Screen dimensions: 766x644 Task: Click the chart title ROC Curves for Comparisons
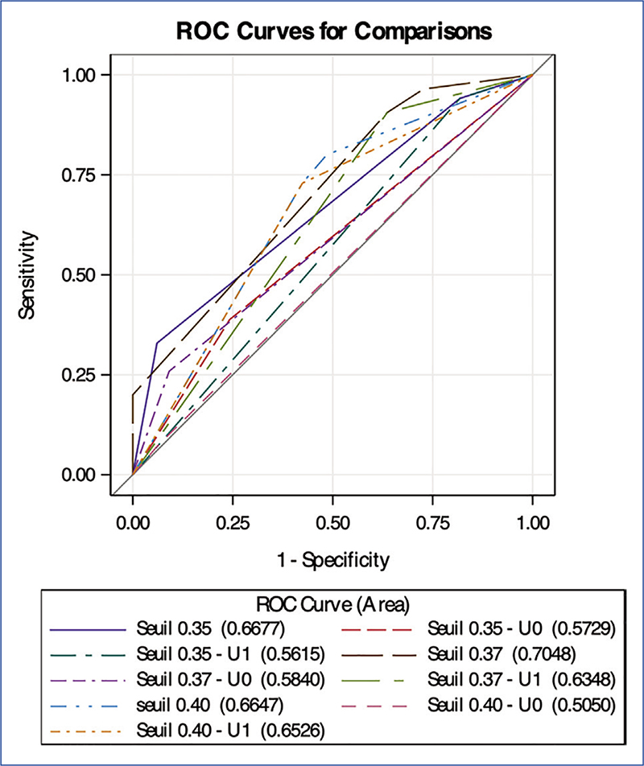pos(334,31)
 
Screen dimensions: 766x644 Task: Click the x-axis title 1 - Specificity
pos(332,558)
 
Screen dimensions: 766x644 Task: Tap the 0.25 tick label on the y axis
pos(80,375)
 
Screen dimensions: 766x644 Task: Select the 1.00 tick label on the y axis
pos(80,75)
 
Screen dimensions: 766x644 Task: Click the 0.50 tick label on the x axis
pos(332,521)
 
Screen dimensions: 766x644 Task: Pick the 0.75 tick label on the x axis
pos(432,521)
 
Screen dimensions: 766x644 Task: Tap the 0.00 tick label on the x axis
pos(133,521)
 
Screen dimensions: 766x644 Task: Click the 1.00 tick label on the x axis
pos(532,521)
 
